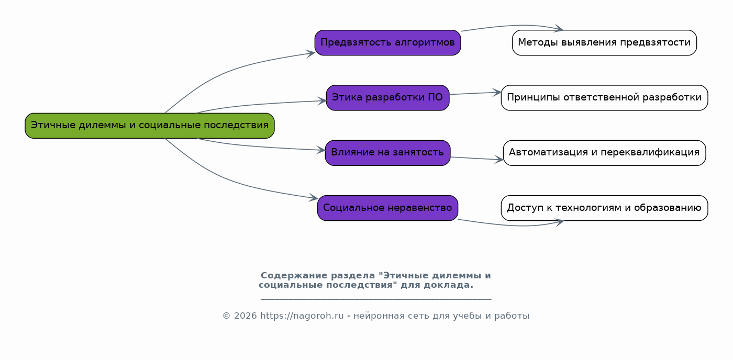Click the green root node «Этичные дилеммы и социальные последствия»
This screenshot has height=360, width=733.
(150, 126)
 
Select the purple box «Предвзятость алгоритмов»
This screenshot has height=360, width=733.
(387, 43)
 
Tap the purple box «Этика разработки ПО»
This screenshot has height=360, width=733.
(387, 98)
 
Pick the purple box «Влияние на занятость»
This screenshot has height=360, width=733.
(387, 153)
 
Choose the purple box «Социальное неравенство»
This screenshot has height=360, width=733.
(387, 208)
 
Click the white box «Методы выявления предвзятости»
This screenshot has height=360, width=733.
(604, 43)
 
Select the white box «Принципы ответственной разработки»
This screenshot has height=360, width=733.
(604, 98)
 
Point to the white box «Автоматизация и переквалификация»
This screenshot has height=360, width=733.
(604, 153)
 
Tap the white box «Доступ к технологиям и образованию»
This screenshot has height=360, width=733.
(604, 208)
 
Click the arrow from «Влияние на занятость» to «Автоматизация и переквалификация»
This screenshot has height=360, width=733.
(475, 159)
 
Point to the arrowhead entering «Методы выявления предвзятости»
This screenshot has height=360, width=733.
(559, 28)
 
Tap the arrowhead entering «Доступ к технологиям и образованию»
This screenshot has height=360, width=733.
(559, 222)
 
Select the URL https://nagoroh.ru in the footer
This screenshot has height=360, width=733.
(302, 316)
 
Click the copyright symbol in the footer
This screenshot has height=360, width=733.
(226, 316)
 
